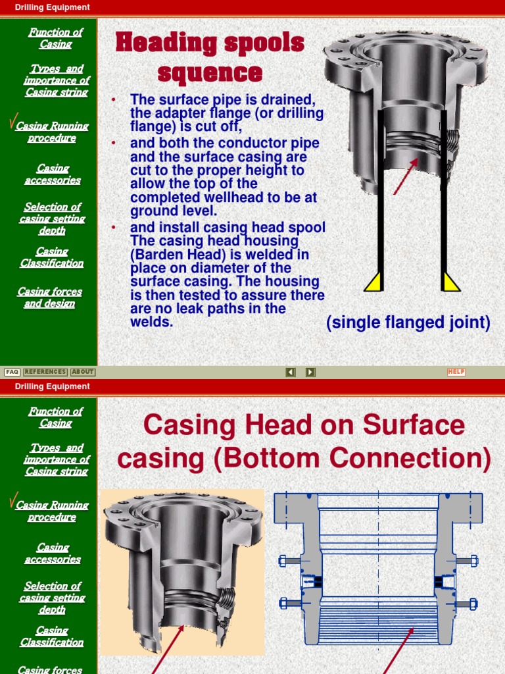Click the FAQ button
tap(12, 372)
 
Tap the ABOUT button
tap(83, 372)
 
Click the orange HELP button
tap(456, 372)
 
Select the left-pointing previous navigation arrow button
tap(291, 372)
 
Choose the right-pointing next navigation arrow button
tap(310, 372)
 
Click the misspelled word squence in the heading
tap(210, 73)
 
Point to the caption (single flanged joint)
tap(408, 323)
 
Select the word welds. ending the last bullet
tap(152, 322)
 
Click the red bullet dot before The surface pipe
tap(114, 100)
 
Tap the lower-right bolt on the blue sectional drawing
tap(467, 604)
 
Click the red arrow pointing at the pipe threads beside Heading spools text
tap(406, 176)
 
